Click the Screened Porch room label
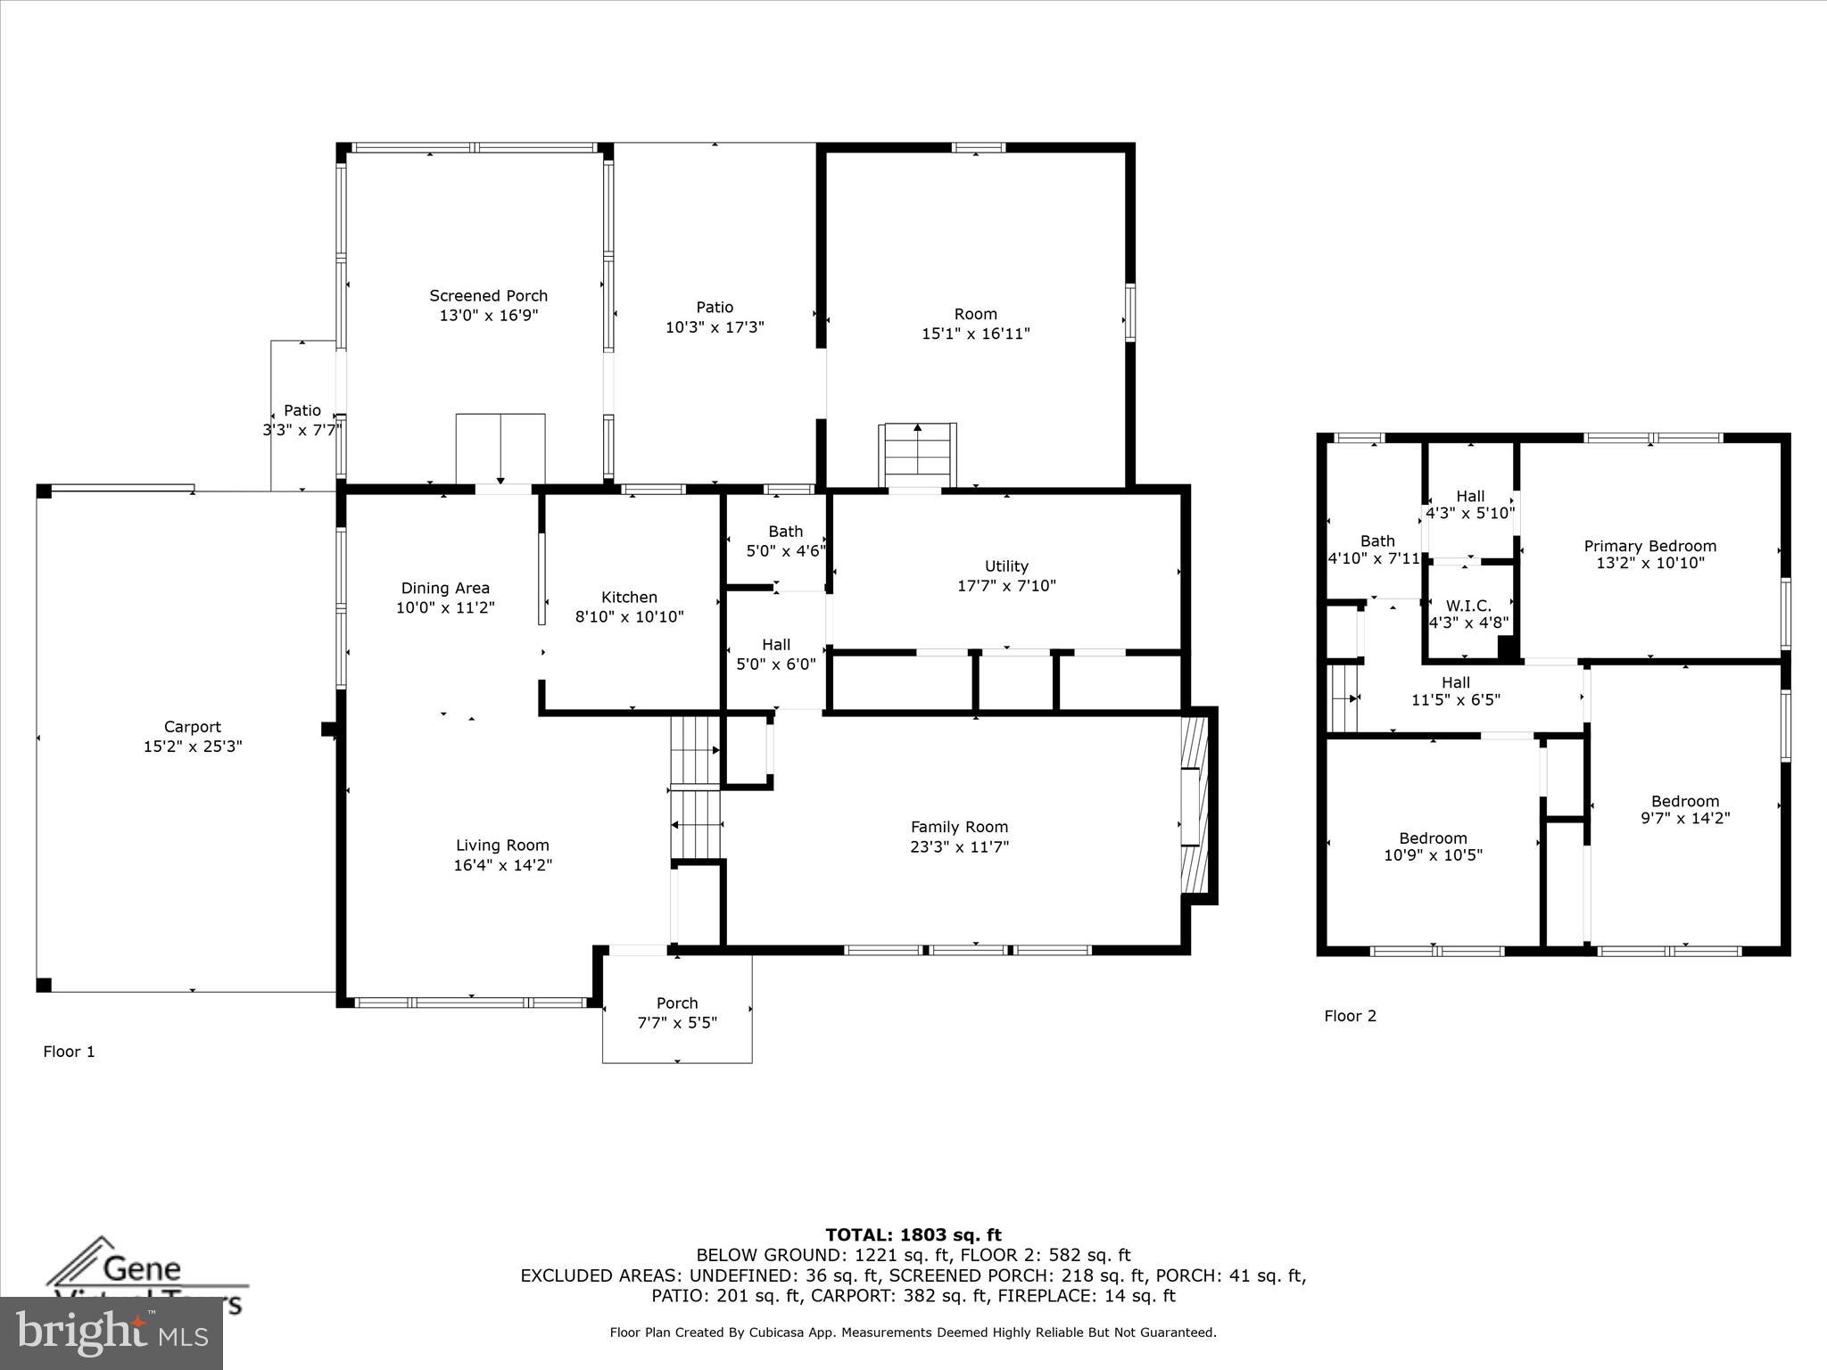(488, 296)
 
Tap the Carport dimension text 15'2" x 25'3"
(193, 747)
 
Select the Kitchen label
(629, 598)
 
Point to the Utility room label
(1006, 566)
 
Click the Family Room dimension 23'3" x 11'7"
(959, 846)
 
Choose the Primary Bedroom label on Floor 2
(1649, 546)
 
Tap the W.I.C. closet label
(1468, 606)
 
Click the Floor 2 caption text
(1350, 1016)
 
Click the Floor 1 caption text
(69, 1052)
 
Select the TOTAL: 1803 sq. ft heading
(913, 1235)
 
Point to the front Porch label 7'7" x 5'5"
(677, 1013)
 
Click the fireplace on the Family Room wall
(1196, 806)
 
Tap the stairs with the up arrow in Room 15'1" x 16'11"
(919, 455)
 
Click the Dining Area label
(445, 588)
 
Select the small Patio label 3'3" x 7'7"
(302, 420)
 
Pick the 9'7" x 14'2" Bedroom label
(1684, 809)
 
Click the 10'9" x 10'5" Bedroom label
(1433, 846)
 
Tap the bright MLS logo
(112, 1333)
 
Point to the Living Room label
(502, 846)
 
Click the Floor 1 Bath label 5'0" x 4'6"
(785, 541)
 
